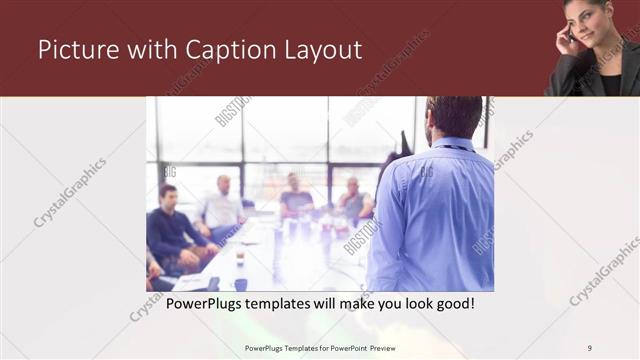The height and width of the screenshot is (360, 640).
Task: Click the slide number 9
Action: (x=590, y=347)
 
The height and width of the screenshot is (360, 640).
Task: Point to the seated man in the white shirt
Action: (x=221, y=207)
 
